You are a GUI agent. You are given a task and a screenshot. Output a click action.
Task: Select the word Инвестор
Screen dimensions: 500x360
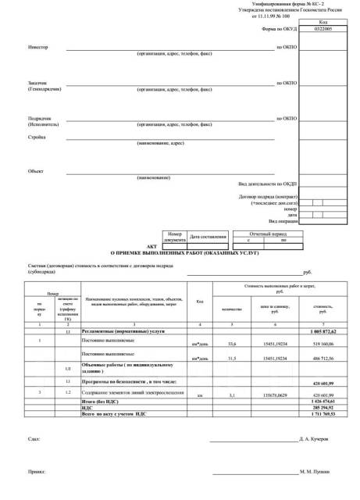point(37,48)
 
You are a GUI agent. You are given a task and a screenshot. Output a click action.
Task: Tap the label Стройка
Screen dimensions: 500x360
point(37,137)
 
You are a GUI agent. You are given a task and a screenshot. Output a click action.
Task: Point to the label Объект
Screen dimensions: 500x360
point(36,170)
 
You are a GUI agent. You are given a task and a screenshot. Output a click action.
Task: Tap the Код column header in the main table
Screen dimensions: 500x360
point(200,301)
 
